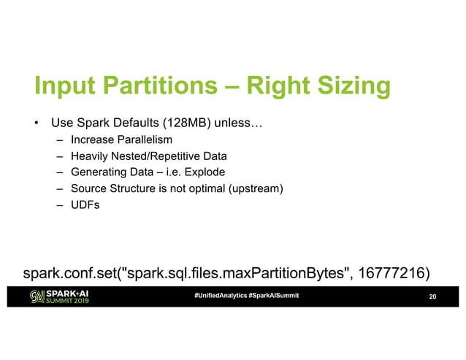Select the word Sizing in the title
pyautogui.click(x=348, y=86)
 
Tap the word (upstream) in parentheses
pyautogui.click(x=256, y=189)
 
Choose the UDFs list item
pyautogui.click(x=85, y=206)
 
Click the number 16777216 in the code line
pyautogui.click(x=390, y=274)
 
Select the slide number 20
pyautogui.click(x=432, y=296)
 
